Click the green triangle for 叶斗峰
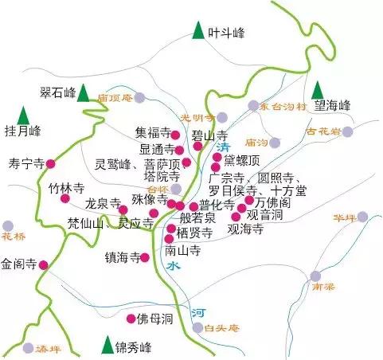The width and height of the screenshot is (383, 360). [x=198, y=32]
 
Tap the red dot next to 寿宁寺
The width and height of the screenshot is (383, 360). [x=51, y=164]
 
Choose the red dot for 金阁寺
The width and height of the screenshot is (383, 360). [x=44, y=264]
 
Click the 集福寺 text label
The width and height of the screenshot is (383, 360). [x=152, y=133]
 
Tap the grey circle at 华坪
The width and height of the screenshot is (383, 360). [x=362, y=217]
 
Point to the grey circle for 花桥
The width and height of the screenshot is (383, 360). [x=9, y=225]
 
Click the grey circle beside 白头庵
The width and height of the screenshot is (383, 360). [x=197, y=327]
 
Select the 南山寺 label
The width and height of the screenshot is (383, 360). [x=182, y=250]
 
